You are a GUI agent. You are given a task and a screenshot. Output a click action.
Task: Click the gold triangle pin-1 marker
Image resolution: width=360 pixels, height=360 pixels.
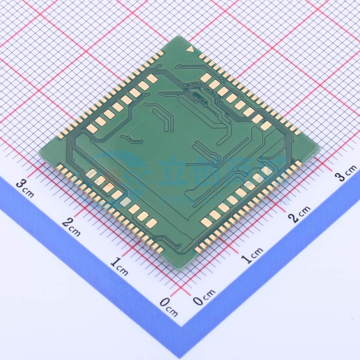tap(190, 50)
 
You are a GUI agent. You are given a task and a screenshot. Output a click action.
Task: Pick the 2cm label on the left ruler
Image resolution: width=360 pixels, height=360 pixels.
tap(71, 226)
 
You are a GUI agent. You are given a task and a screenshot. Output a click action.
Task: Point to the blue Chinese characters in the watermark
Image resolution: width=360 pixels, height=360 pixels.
tap(222, 169)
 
